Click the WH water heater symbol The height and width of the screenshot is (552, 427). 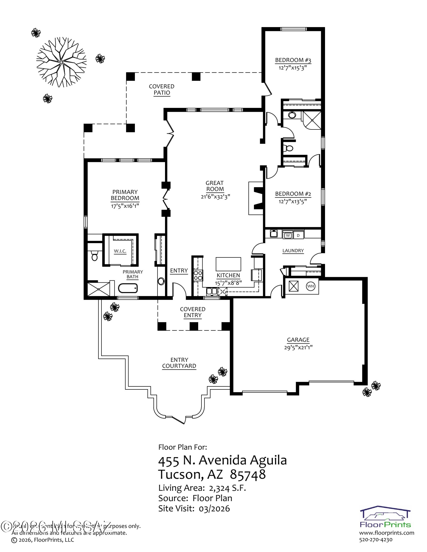point(310,286)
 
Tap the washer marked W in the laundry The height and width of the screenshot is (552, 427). point(288,235)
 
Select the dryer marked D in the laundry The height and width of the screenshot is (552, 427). point(298,235)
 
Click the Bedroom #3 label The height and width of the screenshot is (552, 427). point(293,60)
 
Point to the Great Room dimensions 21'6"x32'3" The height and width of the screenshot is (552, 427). point(215,197)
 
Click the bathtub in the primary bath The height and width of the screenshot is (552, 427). point(128,288)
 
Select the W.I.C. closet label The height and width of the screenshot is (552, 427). point(120,251)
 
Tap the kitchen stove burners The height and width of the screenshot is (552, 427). point(198,275)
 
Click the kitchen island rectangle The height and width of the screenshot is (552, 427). point(228,264)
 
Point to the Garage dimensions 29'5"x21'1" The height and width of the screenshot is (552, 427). point(298,347)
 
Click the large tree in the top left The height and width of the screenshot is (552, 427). point(61,62)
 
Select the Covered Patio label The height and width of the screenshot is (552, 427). point(162,89)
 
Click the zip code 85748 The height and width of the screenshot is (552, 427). point(248,474)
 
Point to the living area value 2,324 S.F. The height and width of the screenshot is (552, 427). point(227,488)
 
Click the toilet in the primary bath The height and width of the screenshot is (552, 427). point(95,256)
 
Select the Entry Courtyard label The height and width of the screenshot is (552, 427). point(179,363)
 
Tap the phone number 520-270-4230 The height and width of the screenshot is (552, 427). point(376,540)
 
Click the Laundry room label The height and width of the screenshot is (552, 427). point(293,250)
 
